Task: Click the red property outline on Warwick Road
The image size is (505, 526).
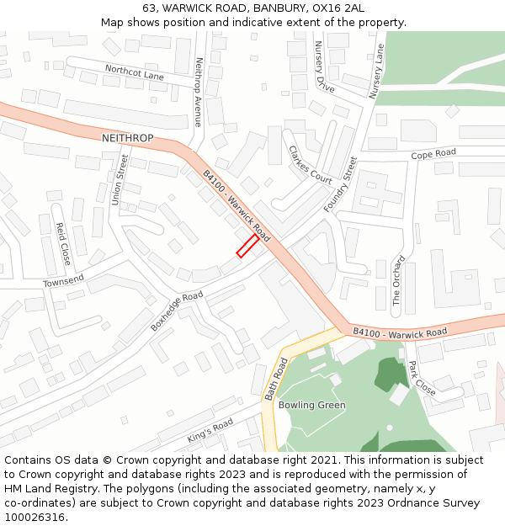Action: pos(247,246)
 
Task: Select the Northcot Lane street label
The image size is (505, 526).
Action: pos(135,73)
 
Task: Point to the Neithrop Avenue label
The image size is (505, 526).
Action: pos(199,91)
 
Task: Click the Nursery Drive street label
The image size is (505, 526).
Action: pos(324,66)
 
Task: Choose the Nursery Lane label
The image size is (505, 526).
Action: pos(375,71)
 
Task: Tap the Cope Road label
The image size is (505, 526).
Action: pos(433,154)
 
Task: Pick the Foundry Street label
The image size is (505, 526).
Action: pos(340,184)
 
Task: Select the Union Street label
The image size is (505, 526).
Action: pos(120,183)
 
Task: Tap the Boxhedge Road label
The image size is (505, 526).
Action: pos(177,311)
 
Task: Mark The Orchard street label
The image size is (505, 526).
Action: pos(398,280)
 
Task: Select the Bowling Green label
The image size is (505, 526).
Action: pos(311,405)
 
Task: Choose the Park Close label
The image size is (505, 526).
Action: pos(421,379)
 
